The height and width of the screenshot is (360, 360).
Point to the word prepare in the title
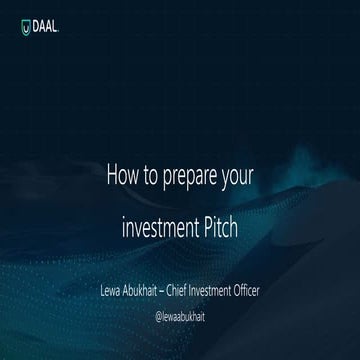(x=200, y=173)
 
